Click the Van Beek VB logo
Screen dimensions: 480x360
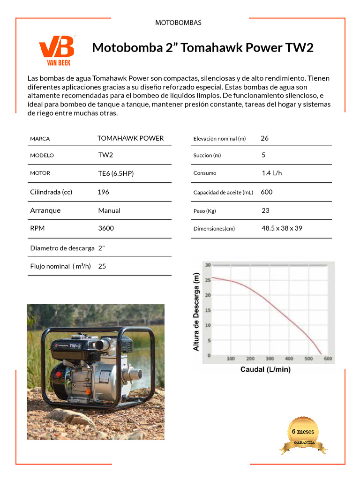pos(56,49)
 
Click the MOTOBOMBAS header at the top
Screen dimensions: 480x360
pos(178,22)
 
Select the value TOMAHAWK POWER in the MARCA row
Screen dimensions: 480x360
pos(130,138)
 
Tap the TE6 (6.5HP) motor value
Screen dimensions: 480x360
pos(116,173)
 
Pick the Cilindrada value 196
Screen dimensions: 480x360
pos(103,192)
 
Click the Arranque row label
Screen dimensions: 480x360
pos(45,210)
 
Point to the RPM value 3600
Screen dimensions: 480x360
pos(106,228)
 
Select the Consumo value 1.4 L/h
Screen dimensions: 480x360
pos(272,173)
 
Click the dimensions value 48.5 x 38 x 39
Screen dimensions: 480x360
pos(282,228)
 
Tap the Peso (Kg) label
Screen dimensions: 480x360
pos(204,211)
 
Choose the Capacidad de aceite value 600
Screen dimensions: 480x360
pos(266,192)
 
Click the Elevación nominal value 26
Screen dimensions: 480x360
pos(264,138)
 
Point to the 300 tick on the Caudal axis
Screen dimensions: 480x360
pos(270,359)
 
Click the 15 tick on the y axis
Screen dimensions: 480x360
pos(208,310)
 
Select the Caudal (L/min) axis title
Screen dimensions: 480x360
pos(265,369)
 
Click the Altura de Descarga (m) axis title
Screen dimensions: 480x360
pos(196,312)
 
